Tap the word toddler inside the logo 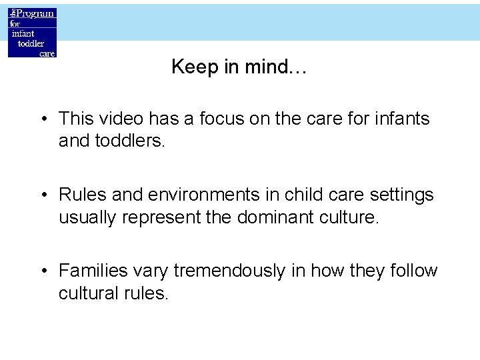(31, 43)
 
